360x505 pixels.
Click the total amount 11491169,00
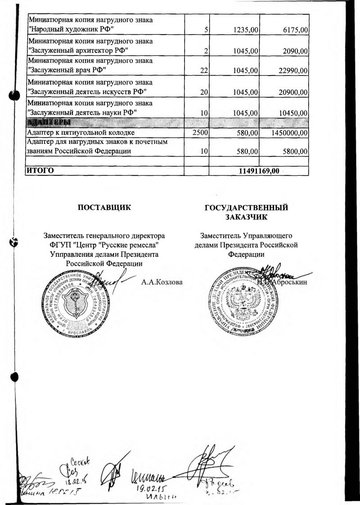(x=258, y=171)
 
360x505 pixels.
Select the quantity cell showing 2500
(x=200, y=133)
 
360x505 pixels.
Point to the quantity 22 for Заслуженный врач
(x=204, y=70)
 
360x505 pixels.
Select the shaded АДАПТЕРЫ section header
(x=49, y=122)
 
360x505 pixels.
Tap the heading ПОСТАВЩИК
(x=104, y=208)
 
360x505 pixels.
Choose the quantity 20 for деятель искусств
(x=204, y=92)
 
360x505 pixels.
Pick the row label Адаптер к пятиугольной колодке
(x=81, y=133)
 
